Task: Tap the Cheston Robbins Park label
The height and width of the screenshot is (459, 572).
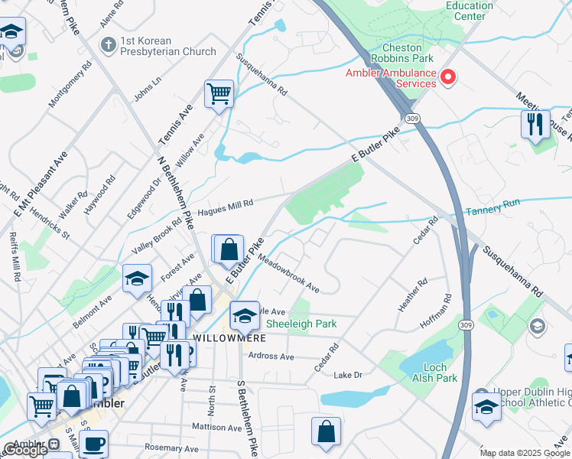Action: (402, 58)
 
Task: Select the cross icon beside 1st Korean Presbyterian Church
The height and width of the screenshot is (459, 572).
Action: (109, 44)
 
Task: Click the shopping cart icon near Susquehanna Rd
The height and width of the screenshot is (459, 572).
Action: (219, 94)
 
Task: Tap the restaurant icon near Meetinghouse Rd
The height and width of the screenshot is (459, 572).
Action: (535, 124)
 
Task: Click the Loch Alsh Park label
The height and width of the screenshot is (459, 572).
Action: (435, 373)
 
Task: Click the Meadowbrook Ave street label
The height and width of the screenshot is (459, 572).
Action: (288, 274)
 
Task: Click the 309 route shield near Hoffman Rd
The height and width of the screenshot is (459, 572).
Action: (465, 325)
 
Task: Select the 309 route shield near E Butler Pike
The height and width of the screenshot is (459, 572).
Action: (412, 119)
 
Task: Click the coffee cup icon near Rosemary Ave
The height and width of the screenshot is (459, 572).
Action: (93, 444)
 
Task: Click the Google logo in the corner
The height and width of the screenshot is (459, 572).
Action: (24, 450)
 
